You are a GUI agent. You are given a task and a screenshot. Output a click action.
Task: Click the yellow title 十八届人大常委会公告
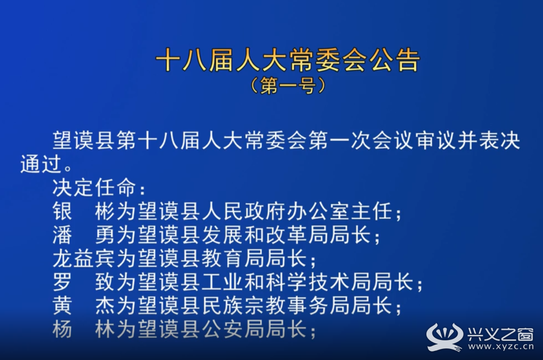288,60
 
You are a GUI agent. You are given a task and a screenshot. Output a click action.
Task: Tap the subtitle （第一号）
288,85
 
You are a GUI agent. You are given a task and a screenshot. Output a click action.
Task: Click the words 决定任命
94,188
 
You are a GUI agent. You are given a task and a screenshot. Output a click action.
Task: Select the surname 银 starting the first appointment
63,211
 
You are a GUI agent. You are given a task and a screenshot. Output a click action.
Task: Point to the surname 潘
63,235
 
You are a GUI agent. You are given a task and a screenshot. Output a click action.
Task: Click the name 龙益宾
83,258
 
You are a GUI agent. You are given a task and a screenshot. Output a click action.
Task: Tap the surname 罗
63,282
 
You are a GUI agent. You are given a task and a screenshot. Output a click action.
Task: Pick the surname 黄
63,305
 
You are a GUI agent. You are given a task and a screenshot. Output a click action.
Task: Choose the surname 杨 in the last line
63,329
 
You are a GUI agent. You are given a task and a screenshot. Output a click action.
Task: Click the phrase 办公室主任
340,211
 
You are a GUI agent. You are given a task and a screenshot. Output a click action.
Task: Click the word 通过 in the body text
41,164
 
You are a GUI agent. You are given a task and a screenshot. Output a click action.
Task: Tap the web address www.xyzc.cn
500,346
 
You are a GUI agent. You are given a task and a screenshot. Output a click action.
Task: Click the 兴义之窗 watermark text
500,333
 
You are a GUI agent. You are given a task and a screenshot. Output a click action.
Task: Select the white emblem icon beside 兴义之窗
444,337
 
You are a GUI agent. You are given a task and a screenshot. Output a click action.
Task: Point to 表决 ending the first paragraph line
499,141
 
